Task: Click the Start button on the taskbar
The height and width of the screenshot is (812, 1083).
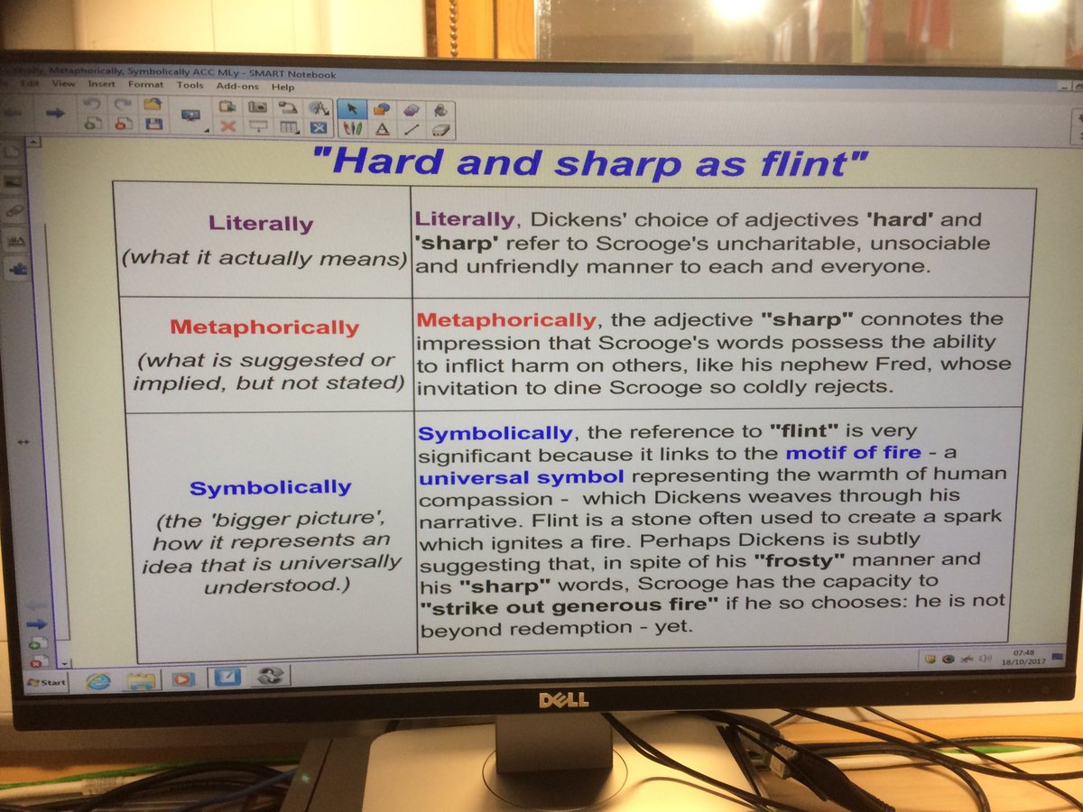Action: coord(47,682)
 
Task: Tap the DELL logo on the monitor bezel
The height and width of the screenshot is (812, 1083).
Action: coord(564,699)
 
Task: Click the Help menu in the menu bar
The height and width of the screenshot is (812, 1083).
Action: coord(282,87)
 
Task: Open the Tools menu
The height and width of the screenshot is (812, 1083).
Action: coord(190,86)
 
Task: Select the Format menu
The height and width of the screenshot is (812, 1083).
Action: coord(144,85)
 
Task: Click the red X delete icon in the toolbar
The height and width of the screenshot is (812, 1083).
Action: coord(227,126)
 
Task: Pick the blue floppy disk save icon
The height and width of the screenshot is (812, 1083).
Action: coord(153,125)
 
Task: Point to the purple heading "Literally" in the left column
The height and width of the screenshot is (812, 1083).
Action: coord(261,223)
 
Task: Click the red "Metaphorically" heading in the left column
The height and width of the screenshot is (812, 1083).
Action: coord(264,328)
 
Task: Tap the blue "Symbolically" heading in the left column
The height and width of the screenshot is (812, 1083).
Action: coord(270,488)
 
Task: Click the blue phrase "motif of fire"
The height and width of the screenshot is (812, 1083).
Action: coord(853,453)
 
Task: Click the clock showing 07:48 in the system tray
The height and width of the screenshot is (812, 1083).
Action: coord(1023,651)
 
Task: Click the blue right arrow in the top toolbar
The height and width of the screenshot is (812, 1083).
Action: coord(56,112)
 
